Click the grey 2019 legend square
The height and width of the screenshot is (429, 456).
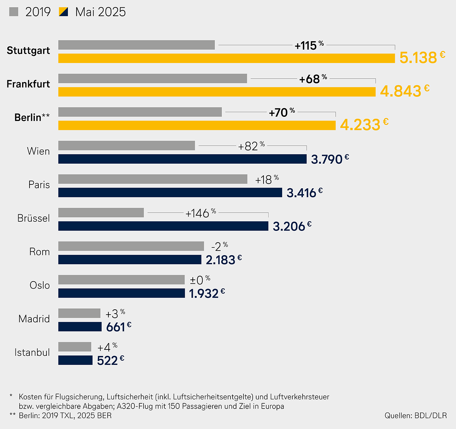pos(14,12)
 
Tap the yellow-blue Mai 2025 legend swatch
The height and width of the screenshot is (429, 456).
pos(63,12)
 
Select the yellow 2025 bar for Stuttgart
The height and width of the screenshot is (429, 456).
pos(227,58)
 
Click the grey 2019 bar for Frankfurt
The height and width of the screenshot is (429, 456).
pos(152,78)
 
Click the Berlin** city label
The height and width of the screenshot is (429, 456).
pos(32,118)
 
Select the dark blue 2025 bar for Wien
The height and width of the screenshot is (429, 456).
pos(182,159)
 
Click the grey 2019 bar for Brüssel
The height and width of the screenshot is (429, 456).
pos(101,213)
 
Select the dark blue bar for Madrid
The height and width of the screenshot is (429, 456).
pos(80,327)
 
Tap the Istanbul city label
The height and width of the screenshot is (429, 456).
pos(32,352)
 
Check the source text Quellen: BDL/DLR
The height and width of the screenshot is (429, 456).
pos(416,416)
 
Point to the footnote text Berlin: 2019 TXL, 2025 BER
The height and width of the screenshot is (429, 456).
pos(65,416)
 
